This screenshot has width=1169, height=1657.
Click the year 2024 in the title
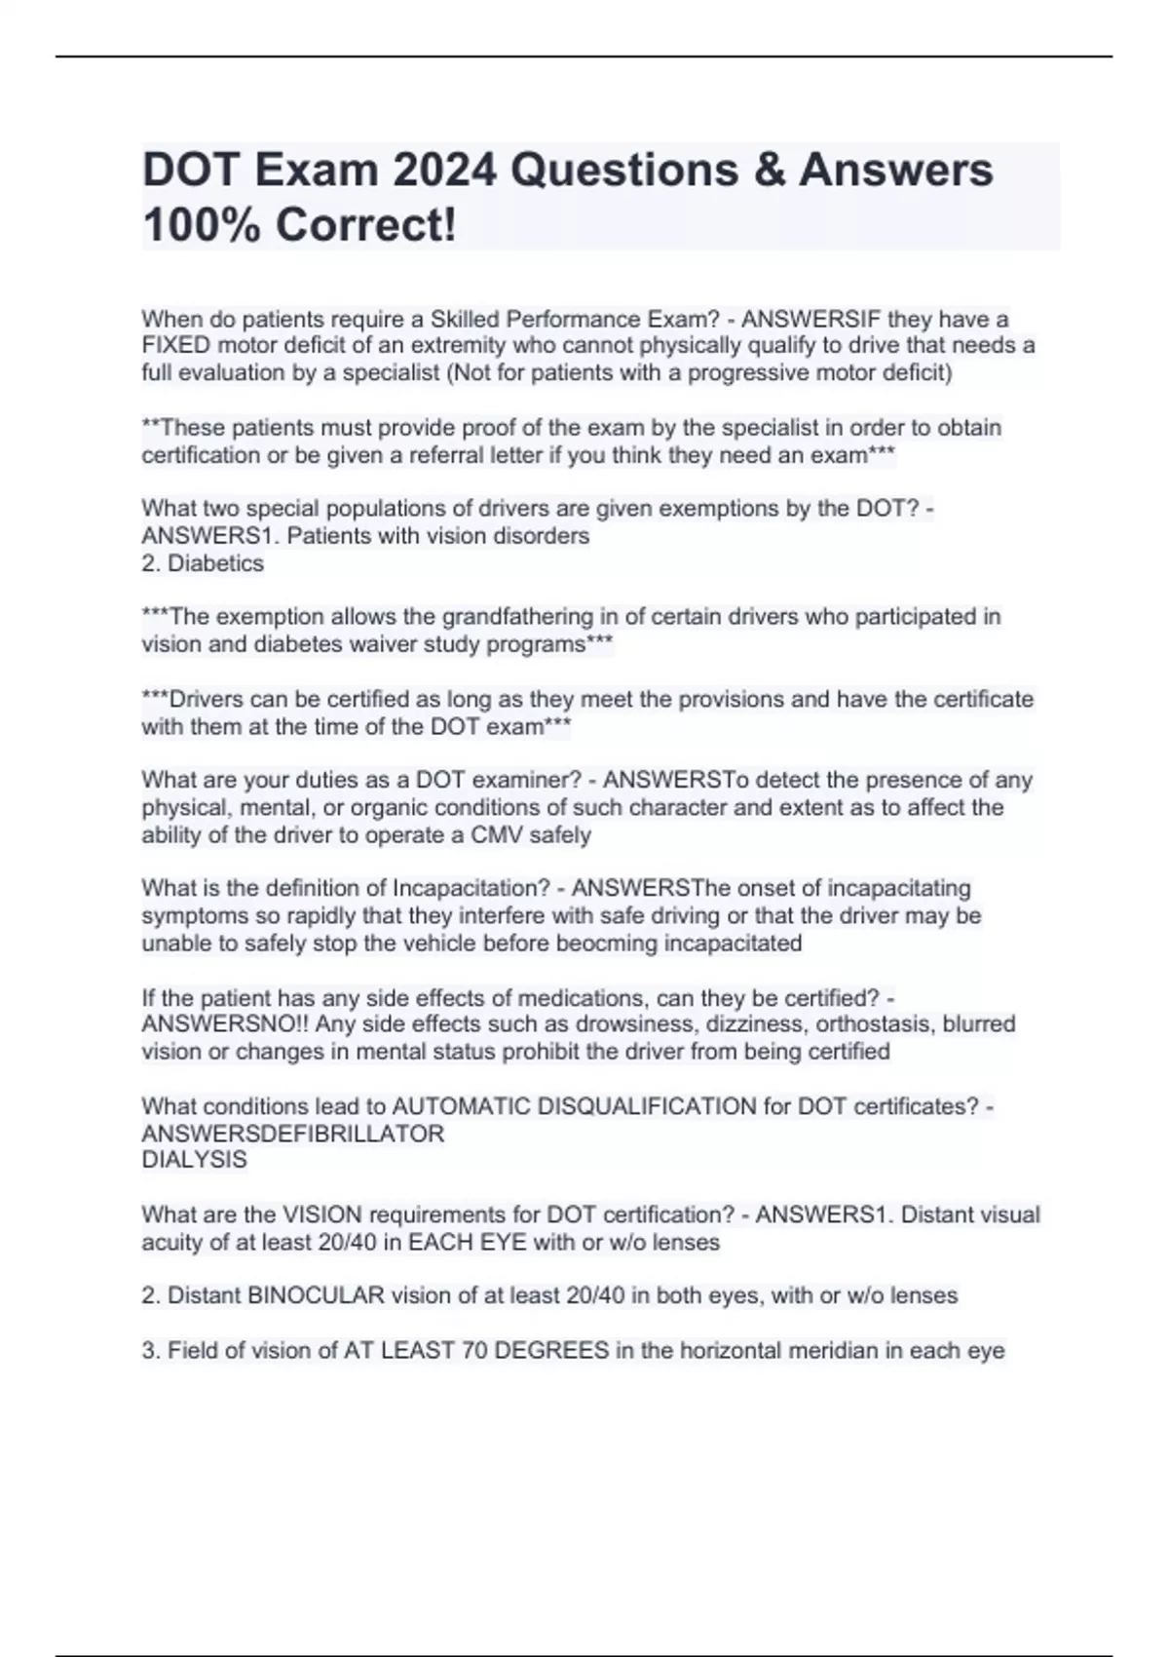coord(444,170)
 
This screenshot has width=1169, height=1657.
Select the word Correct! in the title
coord(365,225)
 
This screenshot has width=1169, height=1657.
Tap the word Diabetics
coord(215,563)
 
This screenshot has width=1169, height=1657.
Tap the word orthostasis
coord(872,1024)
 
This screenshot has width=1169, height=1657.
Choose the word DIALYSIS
coord(194,1160)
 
